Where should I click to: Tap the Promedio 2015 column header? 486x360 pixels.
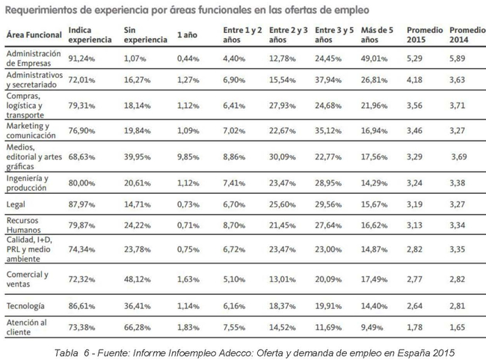coord(423,34)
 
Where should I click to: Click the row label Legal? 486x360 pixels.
coord(16,204)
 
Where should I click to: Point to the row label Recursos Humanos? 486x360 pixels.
coord(25,227)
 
